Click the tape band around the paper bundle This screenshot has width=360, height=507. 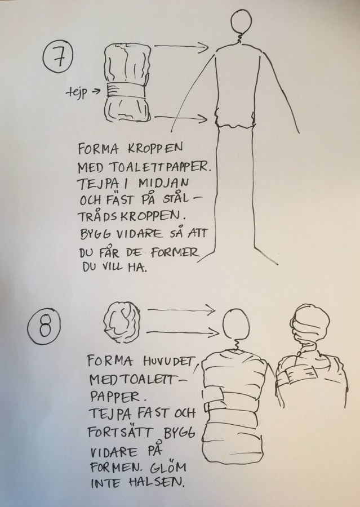(x=125, y=90)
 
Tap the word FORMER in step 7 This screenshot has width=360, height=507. (x=174, y=252)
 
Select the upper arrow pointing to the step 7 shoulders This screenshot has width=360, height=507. (x=181, y=46)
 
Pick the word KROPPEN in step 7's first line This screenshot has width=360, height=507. (x=155, y=149)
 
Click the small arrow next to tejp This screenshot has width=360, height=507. (x=96, y=91)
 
